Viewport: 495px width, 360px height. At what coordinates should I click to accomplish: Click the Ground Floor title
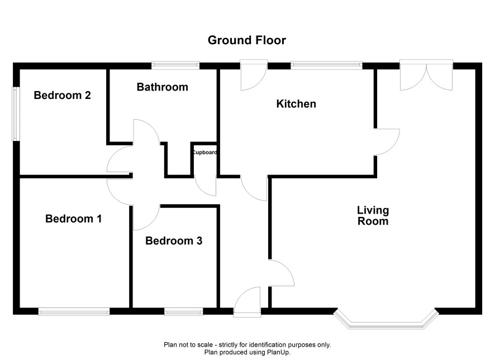click(247, 40)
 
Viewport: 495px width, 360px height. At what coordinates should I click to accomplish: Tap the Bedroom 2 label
click(62, 95)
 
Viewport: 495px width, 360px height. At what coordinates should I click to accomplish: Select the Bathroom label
click(162, 87)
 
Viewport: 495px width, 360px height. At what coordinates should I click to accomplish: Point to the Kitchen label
click(296, 103)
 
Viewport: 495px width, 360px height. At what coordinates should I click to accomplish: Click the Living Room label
click(373, 216)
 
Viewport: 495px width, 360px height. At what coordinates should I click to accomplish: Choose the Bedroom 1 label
click(74, 219)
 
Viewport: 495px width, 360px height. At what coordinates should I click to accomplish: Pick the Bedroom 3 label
click(174, 240)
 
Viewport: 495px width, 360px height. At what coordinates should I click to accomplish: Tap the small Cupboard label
click(204, 153)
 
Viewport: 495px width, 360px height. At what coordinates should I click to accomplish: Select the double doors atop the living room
click(426, 75)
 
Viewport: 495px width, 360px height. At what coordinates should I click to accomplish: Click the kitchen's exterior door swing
click(254, 75)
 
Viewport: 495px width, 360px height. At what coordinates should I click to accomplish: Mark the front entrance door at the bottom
click(247, 302)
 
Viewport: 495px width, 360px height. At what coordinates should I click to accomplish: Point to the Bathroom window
click(175, 65)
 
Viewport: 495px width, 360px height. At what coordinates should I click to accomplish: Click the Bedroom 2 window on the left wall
click(15, 113)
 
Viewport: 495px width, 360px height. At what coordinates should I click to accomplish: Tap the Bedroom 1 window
click(74, 312)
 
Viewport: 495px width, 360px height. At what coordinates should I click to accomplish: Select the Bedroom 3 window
click(183, 312)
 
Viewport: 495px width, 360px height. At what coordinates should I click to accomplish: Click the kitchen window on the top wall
click(326, 65)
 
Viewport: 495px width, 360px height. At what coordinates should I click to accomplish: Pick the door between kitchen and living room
click(387, 142)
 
